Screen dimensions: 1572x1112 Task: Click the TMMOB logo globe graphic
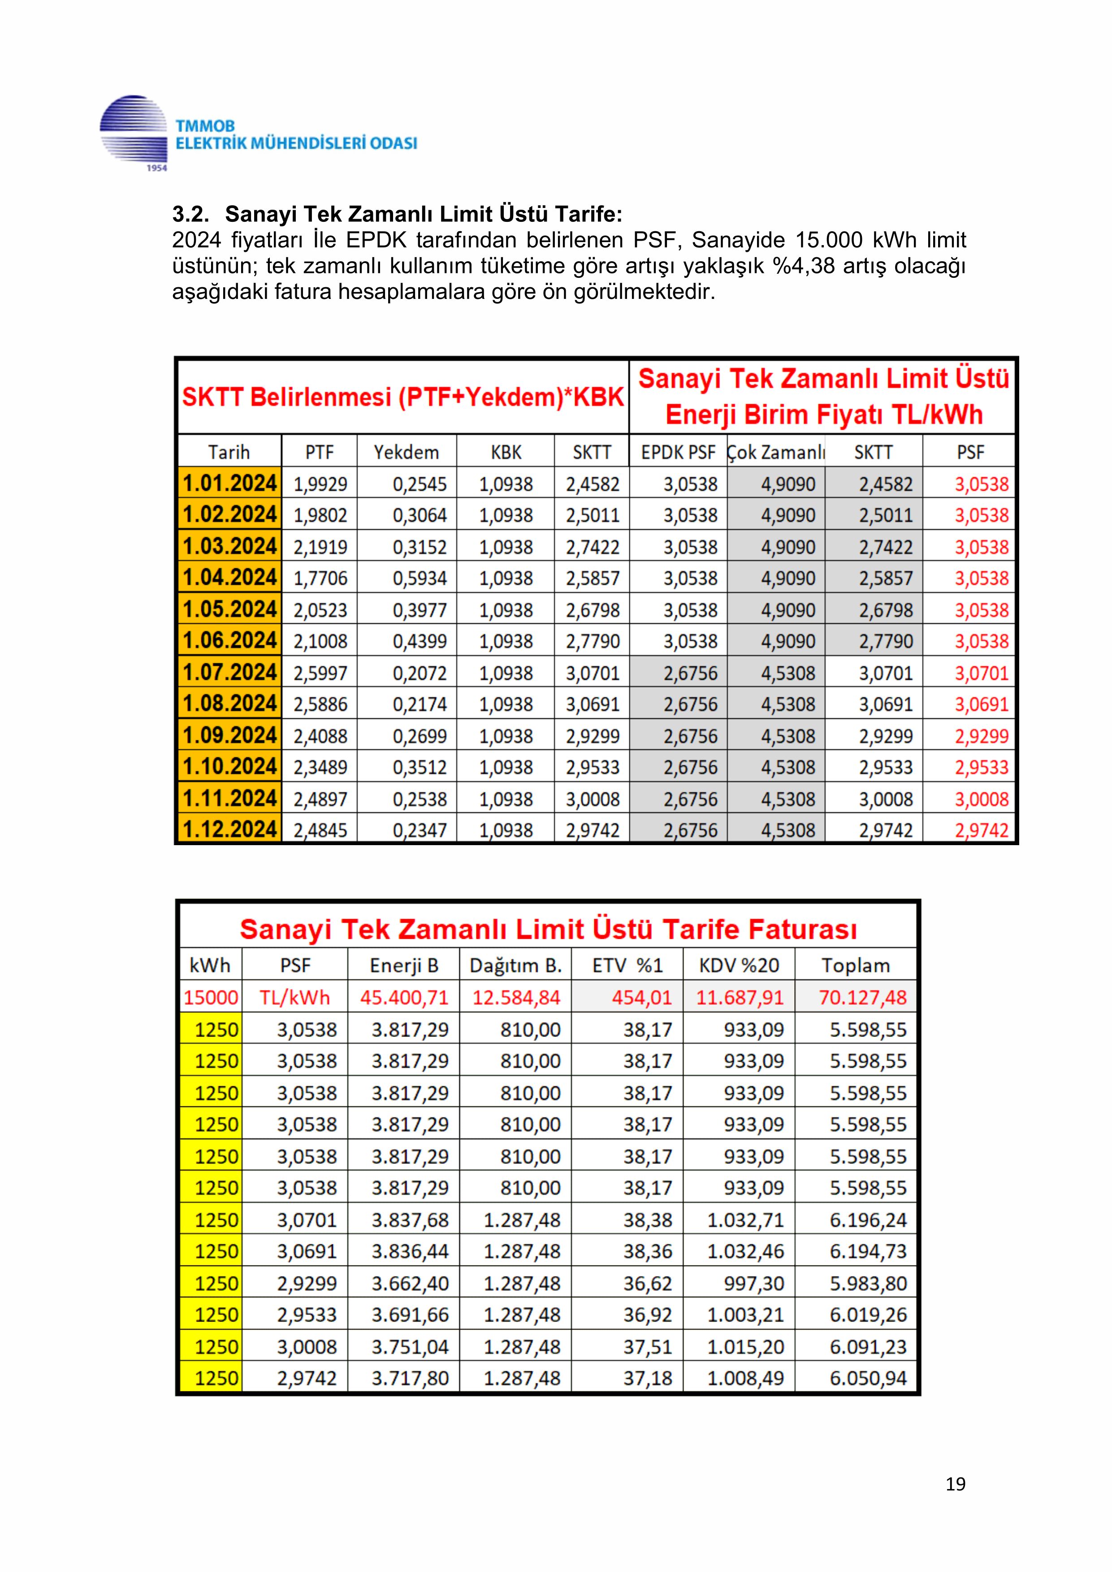tap(134, 133)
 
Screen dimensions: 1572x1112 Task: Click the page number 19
tap(955, 1484)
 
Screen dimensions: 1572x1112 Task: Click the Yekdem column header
tap(406, 452)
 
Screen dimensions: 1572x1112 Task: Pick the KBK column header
tap(506, 452)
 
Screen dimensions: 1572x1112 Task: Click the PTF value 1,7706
tap(320, 579)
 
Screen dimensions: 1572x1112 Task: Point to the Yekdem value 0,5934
tap(420, 579)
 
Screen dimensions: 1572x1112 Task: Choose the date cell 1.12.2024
tap(229, 830)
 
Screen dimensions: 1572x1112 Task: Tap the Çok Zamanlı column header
tap(776, 452)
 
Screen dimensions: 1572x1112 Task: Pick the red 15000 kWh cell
tap(211, 998)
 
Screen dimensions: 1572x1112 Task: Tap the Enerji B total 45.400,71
tap(405, 998)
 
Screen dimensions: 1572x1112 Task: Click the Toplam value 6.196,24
tap(868, 1220)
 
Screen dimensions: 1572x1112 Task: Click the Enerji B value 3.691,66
tap(410, 1315)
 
